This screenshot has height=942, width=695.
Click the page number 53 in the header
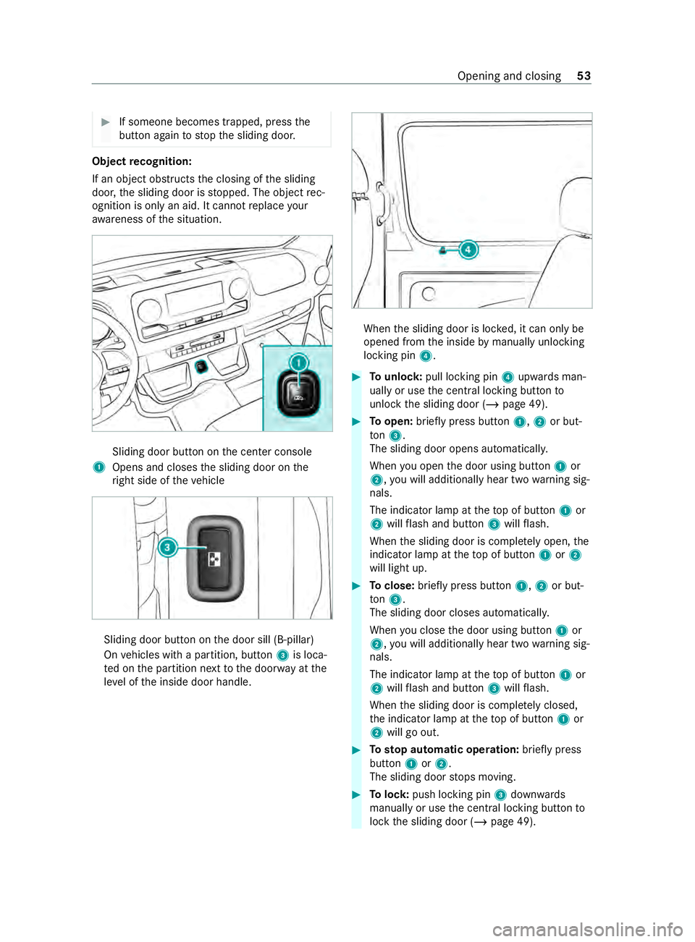tap(584, 76)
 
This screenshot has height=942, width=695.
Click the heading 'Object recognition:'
tap(142, 161)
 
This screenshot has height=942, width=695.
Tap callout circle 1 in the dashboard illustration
tap(298, 362)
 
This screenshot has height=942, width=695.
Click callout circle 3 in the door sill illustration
tap(167, 547)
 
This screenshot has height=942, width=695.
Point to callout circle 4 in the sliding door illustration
tap(468, 250)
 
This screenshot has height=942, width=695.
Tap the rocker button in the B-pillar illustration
tap(215, 559)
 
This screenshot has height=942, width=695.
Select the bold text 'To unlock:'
tap(395, 377)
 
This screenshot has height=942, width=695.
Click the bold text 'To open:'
tap(391, 422)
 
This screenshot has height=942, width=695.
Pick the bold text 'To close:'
tap(392, 586)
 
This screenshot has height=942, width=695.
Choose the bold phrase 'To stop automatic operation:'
tap(444, 750)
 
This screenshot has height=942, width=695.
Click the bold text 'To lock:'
tap(389, 794)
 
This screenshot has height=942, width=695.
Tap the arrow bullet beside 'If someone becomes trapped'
tap(106, 122)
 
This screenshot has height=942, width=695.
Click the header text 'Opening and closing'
tap(509, 76)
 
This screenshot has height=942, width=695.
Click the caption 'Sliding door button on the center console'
tap(212, 451)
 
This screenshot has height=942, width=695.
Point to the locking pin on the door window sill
tap(442, 250)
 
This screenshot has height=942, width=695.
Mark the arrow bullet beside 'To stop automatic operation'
tap(356, 750)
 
